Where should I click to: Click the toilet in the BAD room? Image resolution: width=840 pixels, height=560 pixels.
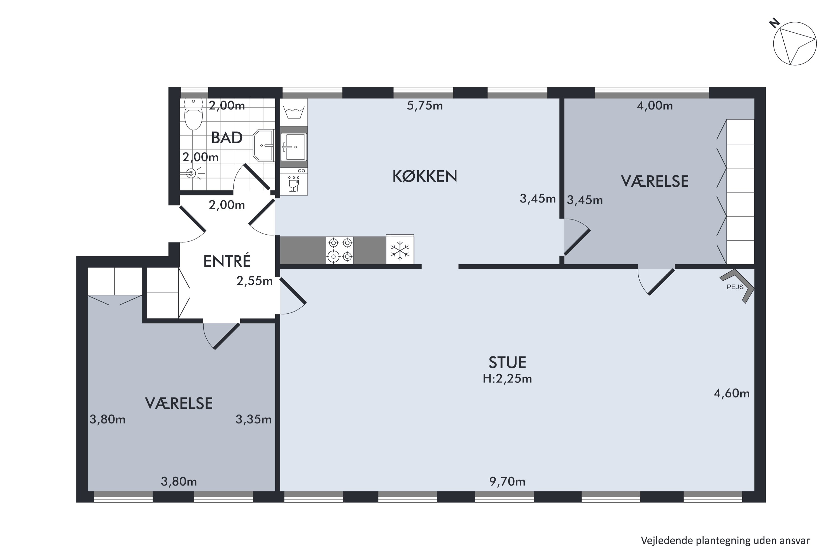click(193, 114)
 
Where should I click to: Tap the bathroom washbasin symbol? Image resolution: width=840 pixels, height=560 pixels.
click(263, 145)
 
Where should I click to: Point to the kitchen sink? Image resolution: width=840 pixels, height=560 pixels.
click(293, 146)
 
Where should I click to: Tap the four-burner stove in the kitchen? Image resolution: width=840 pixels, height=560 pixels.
click(340, 250)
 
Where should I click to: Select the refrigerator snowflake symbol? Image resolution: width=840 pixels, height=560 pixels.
click(400, 250)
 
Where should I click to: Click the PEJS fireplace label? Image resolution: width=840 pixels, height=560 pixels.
click(735, 287)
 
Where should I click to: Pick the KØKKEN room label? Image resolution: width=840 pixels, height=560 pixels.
click(425, 176)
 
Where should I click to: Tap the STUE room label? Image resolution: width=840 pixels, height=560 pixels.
click(507, 363)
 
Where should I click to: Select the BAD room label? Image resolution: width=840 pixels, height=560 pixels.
click(227, 138)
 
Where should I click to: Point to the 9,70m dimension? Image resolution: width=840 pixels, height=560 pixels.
click(507, 482)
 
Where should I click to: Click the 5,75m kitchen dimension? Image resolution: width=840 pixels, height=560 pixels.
click(425, 106)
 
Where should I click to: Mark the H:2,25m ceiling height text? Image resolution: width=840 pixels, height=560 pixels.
click(507, 379)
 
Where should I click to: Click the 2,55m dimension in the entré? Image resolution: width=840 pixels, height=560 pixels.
click(255, 281)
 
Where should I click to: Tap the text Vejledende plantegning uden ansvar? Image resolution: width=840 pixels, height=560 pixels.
click(725, 540)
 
